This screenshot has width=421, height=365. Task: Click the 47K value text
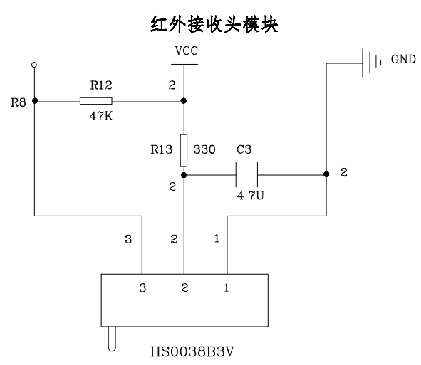coord(100,115)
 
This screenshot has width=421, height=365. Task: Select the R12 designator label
coord(100,85)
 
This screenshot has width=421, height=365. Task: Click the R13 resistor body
coord(184,149)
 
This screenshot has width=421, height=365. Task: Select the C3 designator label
coord(244,151)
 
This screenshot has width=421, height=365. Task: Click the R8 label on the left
coord(19,102)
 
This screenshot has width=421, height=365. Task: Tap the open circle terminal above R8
coord(34,65)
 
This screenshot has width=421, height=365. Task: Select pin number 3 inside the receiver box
coord(143,288)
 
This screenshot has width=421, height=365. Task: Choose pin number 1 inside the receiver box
coord(227,288)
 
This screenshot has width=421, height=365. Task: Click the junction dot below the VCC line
coord(184,100)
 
